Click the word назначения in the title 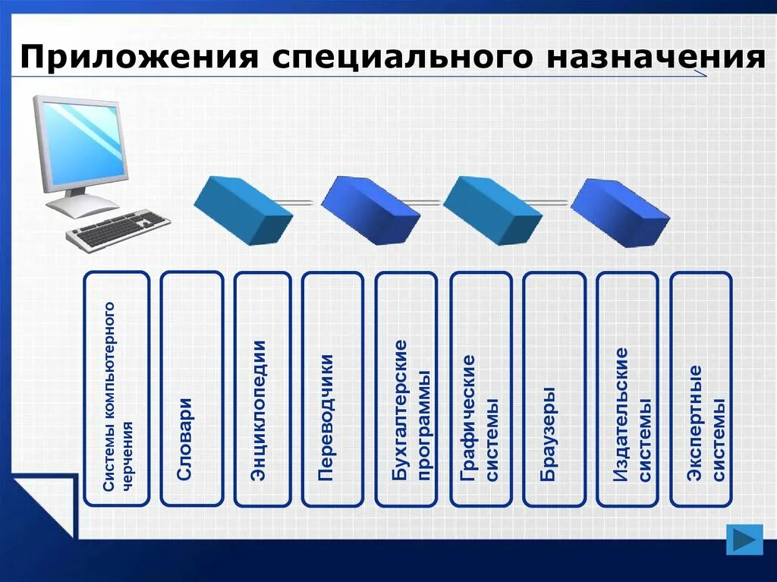tap(659, 58)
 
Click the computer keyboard tap(119, 230)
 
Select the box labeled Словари tap(192, 389)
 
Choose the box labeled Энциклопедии tap(263, 389)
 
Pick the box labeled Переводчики tap(332, 389)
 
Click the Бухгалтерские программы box tap(406, 389)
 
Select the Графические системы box tap(480, 389)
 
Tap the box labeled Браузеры tap(554, 389)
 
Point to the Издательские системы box tap(627, 389)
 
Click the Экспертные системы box tap(701, 389)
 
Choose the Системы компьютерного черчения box tap(116, 389)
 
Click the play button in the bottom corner tap(744, 539)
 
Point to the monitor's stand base tap(82, 205)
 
